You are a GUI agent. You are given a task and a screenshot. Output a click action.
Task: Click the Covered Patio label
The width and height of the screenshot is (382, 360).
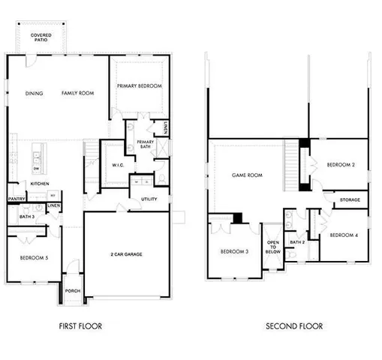point(41,37)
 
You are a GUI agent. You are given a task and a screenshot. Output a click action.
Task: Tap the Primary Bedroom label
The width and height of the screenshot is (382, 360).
point(140,86)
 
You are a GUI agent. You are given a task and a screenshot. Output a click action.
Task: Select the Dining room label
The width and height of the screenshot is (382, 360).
point(34,94)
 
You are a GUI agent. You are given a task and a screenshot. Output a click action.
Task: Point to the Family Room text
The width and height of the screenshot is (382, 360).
point(77,94)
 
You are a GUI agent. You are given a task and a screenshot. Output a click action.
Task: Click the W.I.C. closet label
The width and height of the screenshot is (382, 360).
point(117,165)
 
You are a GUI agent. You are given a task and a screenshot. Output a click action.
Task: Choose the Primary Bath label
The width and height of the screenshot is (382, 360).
point(146,144)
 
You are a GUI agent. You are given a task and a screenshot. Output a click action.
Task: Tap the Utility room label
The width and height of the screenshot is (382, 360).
point(149,199)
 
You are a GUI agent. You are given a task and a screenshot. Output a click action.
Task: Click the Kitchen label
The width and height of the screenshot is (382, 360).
point(40,183)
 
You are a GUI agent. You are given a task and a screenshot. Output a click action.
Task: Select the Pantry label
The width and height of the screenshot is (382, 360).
point(17,199)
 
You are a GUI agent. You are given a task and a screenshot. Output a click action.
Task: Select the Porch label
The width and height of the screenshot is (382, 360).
point(73,291)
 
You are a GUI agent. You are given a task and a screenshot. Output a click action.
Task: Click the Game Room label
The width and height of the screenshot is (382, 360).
point(247,175)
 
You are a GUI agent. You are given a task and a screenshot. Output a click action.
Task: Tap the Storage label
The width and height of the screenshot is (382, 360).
point(350,199)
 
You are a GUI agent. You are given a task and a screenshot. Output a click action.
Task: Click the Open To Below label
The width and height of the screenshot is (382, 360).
point(272,247)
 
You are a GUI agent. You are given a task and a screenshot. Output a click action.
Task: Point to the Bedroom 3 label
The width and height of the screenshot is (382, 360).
point(234,251)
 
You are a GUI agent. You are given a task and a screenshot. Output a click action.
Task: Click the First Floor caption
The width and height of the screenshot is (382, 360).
point(80,326)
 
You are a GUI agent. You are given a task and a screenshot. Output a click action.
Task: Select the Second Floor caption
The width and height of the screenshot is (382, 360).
point(294,326)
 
